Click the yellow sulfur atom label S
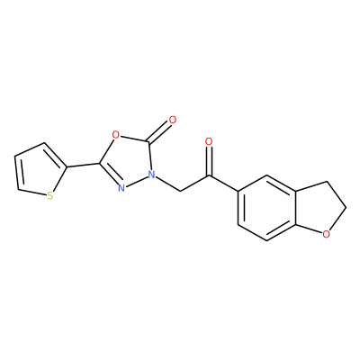50,196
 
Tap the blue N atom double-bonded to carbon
121,188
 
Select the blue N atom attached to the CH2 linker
153,174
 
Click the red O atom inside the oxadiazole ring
115,134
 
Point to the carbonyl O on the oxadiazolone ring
173,120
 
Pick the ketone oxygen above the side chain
209,141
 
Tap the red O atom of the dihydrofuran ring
327,233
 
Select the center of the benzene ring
267,208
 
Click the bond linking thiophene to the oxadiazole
84,166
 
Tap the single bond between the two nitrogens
137,181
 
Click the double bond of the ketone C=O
209,160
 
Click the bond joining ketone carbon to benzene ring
223,184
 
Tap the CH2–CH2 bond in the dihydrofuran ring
337,194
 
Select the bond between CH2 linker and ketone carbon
194,184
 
